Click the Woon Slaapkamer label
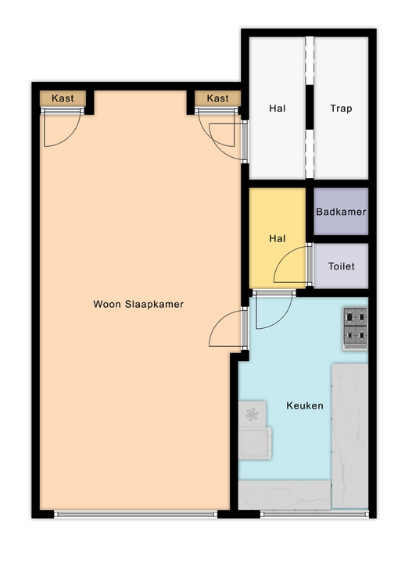coord(138,305)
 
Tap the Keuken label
coord(304,405)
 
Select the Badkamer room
coord(341,212)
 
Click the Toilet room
coord(341,266)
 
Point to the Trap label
coord(341,109)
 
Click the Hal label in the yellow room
coord(278,238)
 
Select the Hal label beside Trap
coord(278,109)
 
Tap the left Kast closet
coord(63,98)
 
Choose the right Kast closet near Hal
coord(217,98)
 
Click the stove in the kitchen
coord(355,329)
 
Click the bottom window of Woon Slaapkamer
coord(136,514)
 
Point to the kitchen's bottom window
coord(314,514)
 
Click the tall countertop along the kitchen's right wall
coord(349,436)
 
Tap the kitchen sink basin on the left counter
coord(255,443)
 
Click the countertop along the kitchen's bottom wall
coord(285,494)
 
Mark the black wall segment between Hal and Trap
coord(310,107)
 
